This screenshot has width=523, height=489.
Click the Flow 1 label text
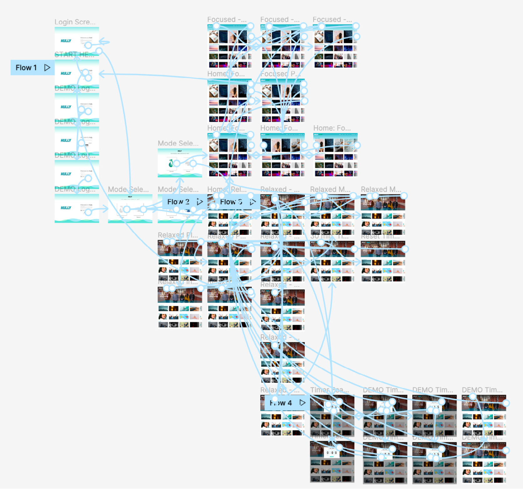(x=26, y=68)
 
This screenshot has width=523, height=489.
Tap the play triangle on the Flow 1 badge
(x=47, y=68)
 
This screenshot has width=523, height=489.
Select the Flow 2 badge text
(x=178, y=202)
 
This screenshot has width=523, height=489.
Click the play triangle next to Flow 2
(x=200, y=202)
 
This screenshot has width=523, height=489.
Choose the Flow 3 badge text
(x=231, y=202)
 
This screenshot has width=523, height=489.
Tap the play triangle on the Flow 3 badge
(x=252, y=202)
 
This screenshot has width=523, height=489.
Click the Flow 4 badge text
(x=281, y=403)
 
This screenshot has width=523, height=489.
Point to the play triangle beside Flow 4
(x=302, y=403)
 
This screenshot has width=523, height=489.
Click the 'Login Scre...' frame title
(x=75, y=22)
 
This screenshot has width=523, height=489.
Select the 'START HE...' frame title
(x=74, y=55)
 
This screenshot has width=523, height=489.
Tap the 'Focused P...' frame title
(x=280, y=74)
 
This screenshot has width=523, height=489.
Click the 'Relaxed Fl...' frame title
(x=178, y=235)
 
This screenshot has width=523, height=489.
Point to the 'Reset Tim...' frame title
(x=380, y=236)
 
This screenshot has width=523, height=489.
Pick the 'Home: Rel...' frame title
(x=227, y=189)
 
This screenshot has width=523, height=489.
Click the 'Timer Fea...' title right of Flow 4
(x=329, y=390)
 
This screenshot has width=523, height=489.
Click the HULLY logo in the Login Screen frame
(x=66, y=41)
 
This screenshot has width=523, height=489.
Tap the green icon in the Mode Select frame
(x=171, y=163)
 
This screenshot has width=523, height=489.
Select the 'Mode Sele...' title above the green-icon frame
(x=178, y=143)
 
